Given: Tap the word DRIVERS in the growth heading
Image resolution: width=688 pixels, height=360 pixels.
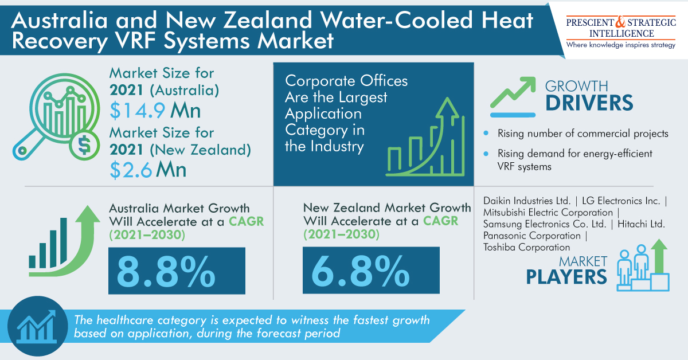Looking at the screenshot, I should [589, 104].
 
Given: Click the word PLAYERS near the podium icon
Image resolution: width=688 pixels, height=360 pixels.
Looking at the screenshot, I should [566, 277].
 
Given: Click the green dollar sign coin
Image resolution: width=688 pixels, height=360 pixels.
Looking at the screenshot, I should [83, 147].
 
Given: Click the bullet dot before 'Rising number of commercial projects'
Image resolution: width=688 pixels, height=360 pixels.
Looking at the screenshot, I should [486, 134].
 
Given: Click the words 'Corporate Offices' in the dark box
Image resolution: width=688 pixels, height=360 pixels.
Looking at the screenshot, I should [346, 81].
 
